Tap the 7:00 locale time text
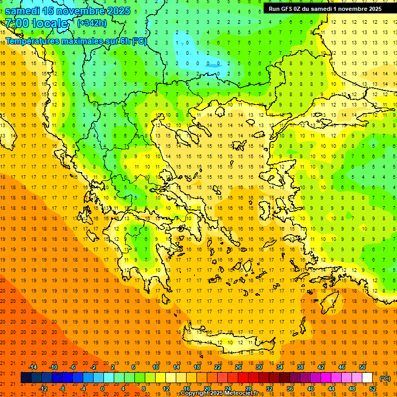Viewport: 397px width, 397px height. click(36, 23)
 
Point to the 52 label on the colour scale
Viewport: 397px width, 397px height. click(373, 389)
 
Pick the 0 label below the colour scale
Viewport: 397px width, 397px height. click(102, 389)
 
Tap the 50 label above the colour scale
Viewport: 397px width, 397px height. click(362, 367)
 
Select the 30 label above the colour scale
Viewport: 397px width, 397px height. click(258, 367)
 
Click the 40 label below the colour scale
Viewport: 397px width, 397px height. click(310, 389)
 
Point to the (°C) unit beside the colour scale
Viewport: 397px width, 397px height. click(385, 378)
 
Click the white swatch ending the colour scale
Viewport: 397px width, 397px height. click(368, 378)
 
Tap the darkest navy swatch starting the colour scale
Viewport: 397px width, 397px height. click(26, 378)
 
